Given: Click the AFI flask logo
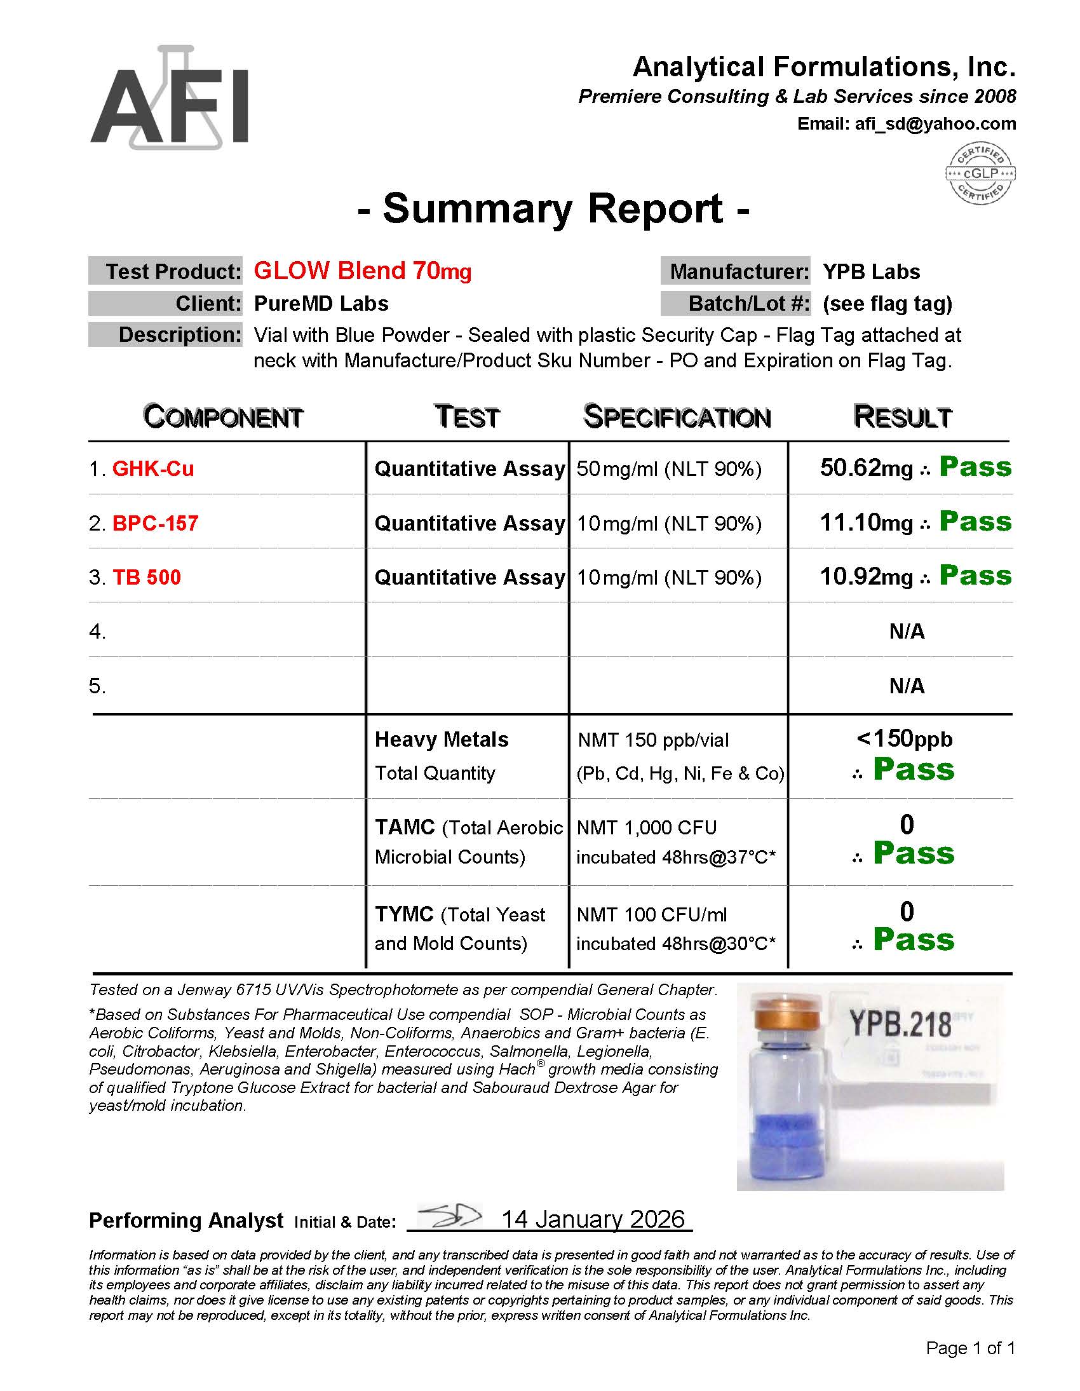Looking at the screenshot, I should click(170, 98).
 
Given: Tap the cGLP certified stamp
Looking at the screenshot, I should click(980, 173).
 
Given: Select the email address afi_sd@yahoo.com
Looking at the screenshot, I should click(935, 123).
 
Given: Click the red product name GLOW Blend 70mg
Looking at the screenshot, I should click(362, 271).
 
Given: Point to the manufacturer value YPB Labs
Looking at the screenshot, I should click(870, 272).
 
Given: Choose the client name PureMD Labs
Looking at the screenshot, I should click(321, 304).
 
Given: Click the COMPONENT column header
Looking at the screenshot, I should click(223, 417).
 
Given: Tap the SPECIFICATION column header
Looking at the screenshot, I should click(677, 417).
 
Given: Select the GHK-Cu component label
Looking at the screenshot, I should click(153, 469).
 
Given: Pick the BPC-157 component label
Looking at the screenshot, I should click(156, 524).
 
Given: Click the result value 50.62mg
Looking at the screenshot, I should click(866, 468).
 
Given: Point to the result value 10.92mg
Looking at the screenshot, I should click(866, 577).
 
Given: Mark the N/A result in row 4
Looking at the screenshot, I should click(907, 632).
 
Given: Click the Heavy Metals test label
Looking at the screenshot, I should click(442, 740).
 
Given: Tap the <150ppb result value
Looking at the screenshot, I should click(904, 739).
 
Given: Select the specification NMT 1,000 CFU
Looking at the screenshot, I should click(646, 827).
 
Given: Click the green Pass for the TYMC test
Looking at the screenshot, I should click(914, 940).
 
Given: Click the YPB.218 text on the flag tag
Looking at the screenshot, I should click(900, 1024).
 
